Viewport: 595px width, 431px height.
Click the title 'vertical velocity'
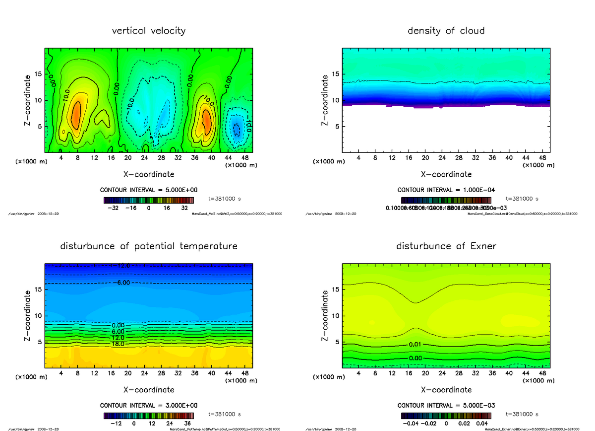tap(149, 31)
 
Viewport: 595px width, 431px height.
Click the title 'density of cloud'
tap(446, 31)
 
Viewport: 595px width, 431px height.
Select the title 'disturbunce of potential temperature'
tap(149, 246)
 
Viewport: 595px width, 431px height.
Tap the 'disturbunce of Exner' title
tap(446, 246)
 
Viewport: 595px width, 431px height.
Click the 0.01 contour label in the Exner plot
tap(416, 344)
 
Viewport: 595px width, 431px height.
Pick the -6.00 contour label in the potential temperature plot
tap(121, 283)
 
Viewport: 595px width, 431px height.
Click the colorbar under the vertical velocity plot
tap(149, 200)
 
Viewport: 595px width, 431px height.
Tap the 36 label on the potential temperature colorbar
tap(188, 424)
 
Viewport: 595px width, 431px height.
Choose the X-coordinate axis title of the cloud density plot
tap(446, 174)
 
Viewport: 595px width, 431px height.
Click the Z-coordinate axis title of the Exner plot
tap(326, 315)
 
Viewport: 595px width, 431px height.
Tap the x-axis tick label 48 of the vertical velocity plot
tap(245, 158)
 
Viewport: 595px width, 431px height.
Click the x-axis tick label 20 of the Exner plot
tap(425, 373)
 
